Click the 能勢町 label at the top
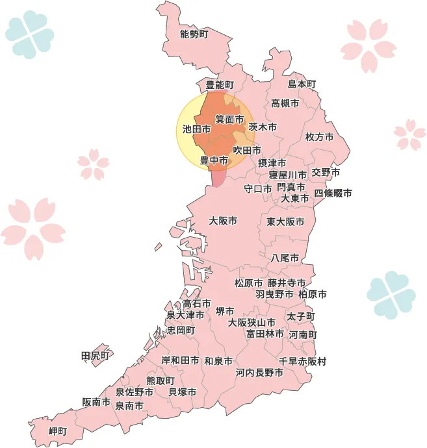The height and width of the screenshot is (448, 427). coord(194,34)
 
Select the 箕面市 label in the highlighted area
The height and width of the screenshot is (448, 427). coord(229,120)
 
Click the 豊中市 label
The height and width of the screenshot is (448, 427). coord(214,160)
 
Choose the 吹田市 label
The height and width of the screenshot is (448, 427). coord(247,150)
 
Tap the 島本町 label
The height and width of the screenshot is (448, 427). coord(302,84)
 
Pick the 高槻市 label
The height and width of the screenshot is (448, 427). coord(285,103)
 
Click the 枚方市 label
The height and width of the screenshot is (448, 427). coord(319,137)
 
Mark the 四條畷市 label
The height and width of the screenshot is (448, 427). coord(333,193)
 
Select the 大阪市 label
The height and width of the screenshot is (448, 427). coord(223,221)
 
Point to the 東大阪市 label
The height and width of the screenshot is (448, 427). coord(285,222)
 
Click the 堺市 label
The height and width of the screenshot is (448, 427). coord(225,312)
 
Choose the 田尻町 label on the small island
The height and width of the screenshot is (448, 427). coord(96,355)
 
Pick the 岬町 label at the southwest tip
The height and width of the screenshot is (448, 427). coord(58,431)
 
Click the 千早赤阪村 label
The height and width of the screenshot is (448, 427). coord(302,361)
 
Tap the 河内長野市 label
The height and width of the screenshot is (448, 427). coord(259,373)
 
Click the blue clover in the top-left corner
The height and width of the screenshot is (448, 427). coord(30,34)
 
